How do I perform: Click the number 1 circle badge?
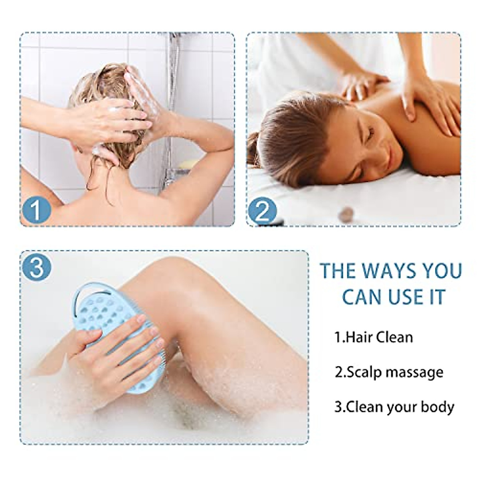36,211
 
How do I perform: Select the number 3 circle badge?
37,267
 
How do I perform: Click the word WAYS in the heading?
382,271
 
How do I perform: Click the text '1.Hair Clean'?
374,337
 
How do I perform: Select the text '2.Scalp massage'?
389,372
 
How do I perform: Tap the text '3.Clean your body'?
394,407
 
